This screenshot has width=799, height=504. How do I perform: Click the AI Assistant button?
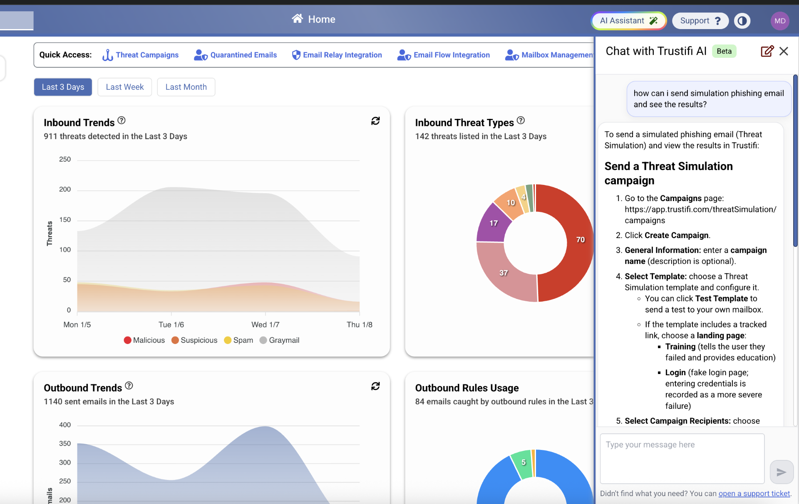(628, 21)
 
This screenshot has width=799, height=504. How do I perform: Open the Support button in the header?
(700, 21)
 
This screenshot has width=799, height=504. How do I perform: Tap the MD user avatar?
(779, 21)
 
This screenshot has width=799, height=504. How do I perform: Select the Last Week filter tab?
(124, 87)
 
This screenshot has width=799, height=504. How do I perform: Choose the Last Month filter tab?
(186, 87)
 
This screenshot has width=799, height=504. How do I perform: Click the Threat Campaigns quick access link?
(141, 55)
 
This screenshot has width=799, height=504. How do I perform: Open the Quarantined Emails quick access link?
(236, 55)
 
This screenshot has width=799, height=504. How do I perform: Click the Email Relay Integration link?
(337, 55)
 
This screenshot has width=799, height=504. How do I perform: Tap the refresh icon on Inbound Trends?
(375, 121)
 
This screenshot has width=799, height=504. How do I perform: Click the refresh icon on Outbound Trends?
(375, 386)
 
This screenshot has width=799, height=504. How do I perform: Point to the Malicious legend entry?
(144, 340)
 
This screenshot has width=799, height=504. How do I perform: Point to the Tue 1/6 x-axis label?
(171, 325)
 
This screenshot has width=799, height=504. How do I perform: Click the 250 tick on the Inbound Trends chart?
(65, 160)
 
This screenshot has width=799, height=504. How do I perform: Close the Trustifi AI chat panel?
(784, 51)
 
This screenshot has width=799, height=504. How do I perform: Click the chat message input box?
(682, 458)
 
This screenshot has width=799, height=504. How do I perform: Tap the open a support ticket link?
(754, 493)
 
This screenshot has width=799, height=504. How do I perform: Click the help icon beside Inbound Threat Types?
(521, 120)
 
